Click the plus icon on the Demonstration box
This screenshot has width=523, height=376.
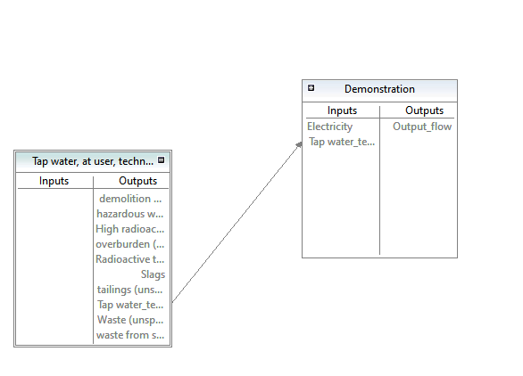coord(311,88)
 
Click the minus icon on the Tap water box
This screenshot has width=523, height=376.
coord(162,160)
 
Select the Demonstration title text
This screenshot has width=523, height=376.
coord(379,89)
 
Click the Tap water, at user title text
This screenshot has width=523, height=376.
coord(93,161)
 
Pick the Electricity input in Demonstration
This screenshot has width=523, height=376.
coord(330,127)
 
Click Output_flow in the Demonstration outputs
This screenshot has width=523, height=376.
coord(422,127)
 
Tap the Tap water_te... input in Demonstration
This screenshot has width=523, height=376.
coord(342,142)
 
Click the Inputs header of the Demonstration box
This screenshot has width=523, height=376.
coord(342,110)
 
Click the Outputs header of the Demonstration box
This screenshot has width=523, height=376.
coord(424,110)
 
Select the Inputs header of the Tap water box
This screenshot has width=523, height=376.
coord(54,181)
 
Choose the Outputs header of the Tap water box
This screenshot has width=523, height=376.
coord(137,181)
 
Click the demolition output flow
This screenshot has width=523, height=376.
coord(130,199)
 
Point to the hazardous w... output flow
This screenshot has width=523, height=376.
coord(130,214)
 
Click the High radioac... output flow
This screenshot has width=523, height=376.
coord(129,229)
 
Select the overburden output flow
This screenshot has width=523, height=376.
coord(129,244)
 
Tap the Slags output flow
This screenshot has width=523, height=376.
coord(153,274)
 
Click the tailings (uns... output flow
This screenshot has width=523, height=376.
coord(129,290)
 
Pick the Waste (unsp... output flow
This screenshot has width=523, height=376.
coord(130,320)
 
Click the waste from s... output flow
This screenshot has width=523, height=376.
coord(130,335)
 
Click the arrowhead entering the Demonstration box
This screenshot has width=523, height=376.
coord(299,144)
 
